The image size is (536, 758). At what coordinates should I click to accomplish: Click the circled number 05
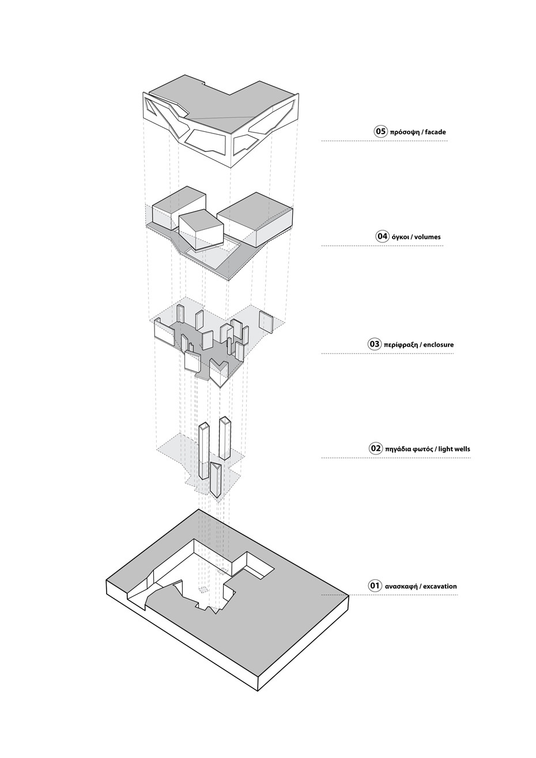click(380, 131)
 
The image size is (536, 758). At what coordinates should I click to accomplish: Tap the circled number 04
click(382, 236)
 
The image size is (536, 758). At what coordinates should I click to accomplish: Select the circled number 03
click(374, 344)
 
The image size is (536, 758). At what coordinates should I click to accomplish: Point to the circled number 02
click(376, 448)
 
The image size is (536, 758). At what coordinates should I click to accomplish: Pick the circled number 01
click(375, 586)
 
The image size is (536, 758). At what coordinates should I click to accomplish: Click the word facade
click(435, 132)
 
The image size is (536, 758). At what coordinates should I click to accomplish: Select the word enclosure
click(439, 345)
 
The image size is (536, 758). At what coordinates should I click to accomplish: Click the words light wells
click(455, 449)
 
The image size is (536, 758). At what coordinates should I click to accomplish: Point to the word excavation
click(441, 586)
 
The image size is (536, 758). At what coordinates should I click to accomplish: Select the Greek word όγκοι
click(401, 237)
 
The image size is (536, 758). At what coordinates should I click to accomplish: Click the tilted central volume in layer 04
click(199, 230)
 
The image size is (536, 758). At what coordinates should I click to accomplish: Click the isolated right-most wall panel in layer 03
click(266, 321)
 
